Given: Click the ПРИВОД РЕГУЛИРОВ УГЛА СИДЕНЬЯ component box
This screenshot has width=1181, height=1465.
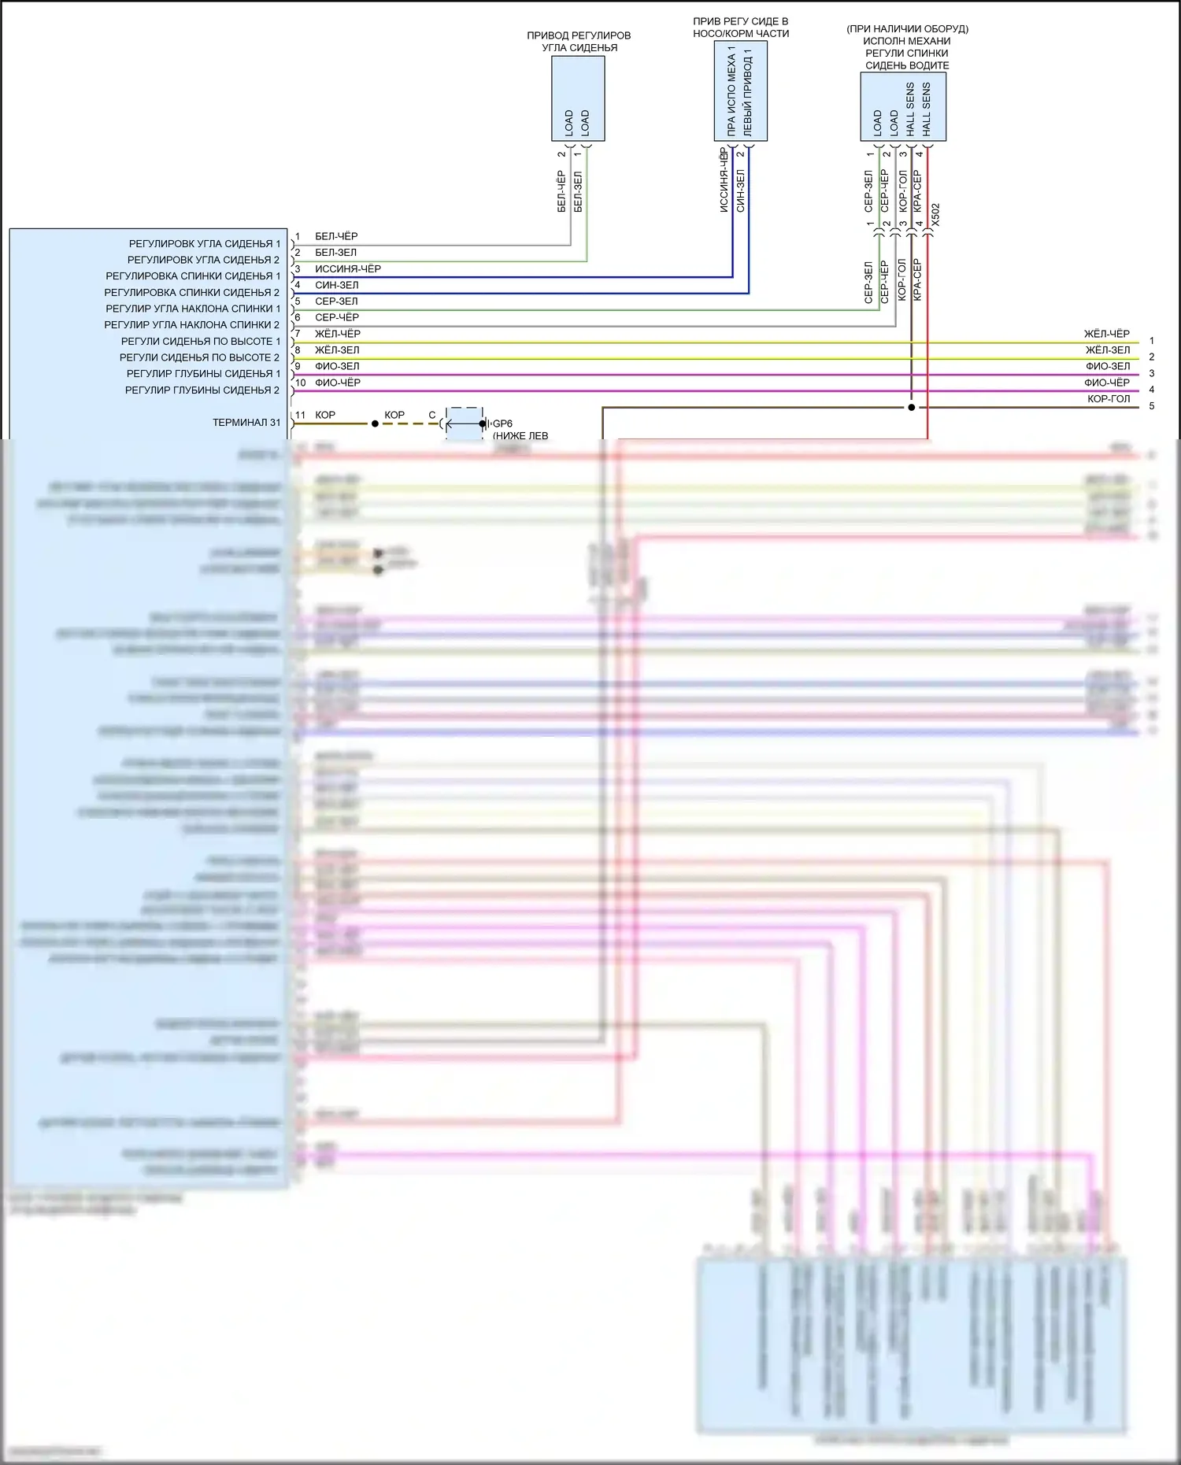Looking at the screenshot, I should pos(578,98).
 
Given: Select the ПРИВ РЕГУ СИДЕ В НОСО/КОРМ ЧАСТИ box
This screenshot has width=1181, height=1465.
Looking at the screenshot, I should pos(740,91).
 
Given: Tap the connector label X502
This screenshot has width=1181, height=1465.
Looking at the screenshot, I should pos(935,215).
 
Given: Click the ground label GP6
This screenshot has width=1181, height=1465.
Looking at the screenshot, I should pos(503,424).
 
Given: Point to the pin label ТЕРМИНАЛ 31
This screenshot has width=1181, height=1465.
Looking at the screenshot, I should pos(246,423).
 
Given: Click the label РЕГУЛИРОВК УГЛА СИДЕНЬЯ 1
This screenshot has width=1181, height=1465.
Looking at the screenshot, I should pos(204,244).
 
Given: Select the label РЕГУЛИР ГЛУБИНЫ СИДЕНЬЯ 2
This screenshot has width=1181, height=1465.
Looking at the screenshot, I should pos(202,390).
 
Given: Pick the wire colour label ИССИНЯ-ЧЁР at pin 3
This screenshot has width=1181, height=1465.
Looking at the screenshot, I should pos(348,269).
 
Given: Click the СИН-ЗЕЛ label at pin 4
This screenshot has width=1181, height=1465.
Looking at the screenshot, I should pos(337,285).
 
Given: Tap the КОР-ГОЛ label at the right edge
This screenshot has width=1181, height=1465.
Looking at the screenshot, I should pos(1109,399).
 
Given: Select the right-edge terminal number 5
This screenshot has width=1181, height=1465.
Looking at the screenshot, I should pos(1151,406).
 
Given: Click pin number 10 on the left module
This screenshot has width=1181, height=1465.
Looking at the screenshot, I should pos(300,383).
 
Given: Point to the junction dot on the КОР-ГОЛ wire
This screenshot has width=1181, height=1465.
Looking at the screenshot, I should pos(912,408).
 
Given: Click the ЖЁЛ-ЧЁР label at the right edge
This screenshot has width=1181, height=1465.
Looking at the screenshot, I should pos(1106,334).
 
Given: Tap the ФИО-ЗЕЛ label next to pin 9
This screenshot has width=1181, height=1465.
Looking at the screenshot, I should pos(337,367).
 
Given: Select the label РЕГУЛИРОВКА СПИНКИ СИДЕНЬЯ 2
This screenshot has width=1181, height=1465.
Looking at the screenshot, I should pos(192,293).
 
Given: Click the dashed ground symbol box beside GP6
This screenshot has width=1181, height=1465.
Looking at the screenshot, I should pos(464,424).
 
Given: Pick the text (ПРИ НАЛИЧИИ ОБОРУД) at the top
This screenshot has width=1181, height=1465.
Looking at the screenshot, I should pos(907,29).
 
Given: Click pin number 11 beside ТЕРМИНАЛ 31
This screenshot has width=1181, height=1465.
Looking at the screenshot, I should pos(300,416).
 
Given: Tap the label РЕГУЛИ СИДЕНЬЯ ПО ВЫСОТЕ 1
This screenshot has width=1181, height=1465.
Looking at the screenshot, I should pos(201,342).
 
